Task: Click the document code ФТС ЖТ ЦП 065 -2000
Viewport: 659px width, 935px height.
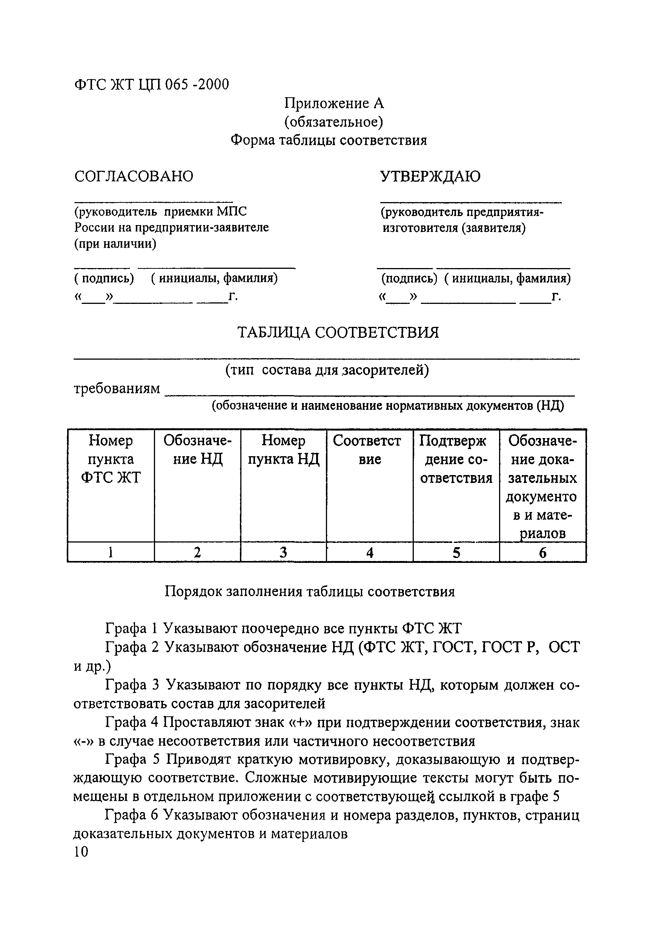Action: coord(152,85)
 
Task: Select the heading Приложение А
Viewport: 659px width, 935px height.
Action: coord(334,103)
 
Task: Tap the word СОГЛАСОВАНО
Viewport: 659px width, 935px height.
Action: coord(134,176)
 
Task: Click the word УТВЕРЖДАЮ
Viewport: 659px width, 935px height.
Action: coord(430,176)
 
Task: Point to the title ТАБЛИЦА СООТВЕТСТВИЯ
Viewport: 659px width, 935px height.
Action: coord(338,333)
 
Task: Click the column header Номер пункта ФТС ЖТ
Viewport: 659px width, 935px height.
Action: coord(111,459)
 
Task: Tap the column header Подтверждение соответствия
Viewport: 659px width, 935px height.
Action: coord(456,459)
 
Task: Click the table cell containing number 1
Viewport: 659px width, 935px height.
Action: coord(111,553)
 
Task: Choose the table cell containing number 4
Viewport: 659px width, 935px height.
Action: coord(370,553)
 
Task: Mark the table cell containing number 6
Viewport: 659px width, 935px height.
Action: coord(542,553)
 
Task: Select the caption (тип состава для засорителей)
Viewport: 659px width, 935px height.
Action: coord(327,370)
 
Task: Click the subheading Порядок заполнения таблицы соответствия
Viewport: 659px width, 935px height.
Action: coord(309,591)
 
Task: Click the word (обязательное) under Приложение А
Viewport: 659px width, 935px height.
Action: coord(333,122)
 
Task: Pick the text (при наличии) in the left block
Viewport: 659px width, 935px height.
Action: coord(115,244)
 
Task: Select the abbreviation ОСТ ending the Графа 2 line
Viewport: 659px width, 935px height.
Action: coord(564,647)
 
